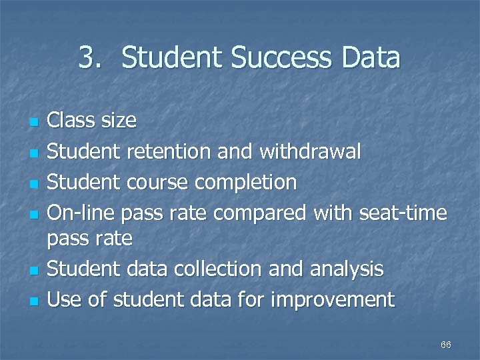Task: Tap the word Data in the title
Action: [x=368, y=58]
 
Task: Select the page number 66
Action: [x=446, y=345]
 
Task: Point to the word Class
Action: [x=71, y=121]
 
